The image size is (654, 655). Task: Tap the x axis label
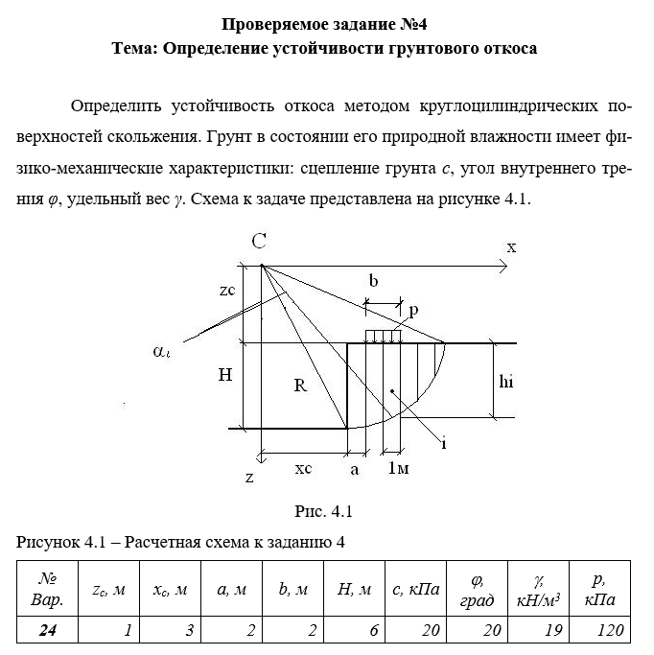coord(511,247)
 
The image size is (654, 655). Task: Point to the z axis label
coord(249,477)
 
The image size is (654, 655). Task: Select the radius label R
coord(300,386)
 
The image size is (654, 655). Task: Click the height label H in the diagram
coord(224,376)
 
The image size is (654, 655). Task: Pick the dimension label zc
coord(227,291)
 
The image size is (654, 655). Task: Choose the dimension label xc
coord(303,469)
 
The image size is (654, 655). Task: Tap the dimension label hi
coord(507,380)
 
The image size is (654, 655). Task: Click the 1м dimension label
coord(400,469)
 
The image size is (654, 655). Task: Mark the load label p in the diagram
coord(413,311)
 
